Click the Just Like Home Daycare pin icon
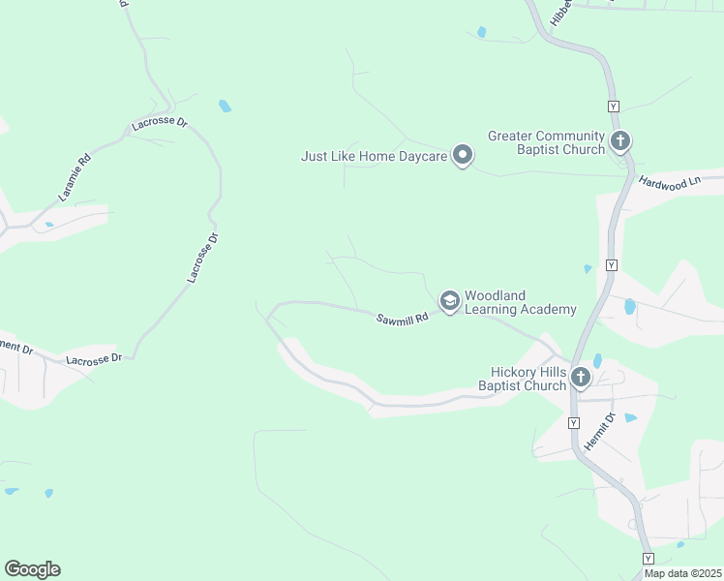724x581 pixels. tap(463, 155)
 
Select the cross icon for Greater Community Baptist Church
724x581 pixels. tap(620, 141)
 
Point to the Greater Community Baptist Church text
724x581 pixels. tap(546, 142)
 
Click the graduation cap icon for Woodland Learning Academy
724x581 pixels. tap(449, 301)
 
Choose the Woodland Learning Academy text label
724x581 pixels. tap(520, 302)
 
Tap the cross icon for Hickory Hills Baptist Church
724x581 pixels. tap(580, 378)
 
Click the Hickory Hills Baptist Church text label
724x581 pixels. tap(522, 379)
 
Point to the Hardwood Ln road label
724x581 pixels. tap(670, 183)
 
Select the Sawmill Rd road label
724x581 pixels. tap(402, 318)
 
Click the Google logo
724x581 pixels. tap(32, 569)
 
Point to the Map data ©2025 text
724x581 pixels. tap(681, 573)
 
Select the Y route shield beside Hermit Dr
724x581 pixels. tap(573, 423)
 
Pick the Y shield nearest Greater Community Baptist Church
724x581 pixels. tap(613, 106)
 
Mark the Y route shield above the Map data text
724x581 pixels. tap(648, 559)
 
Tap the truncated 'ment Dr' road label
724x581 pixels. tap(16, 346)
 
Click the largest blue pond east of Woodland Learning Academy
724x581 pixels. tap(630, 307)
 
